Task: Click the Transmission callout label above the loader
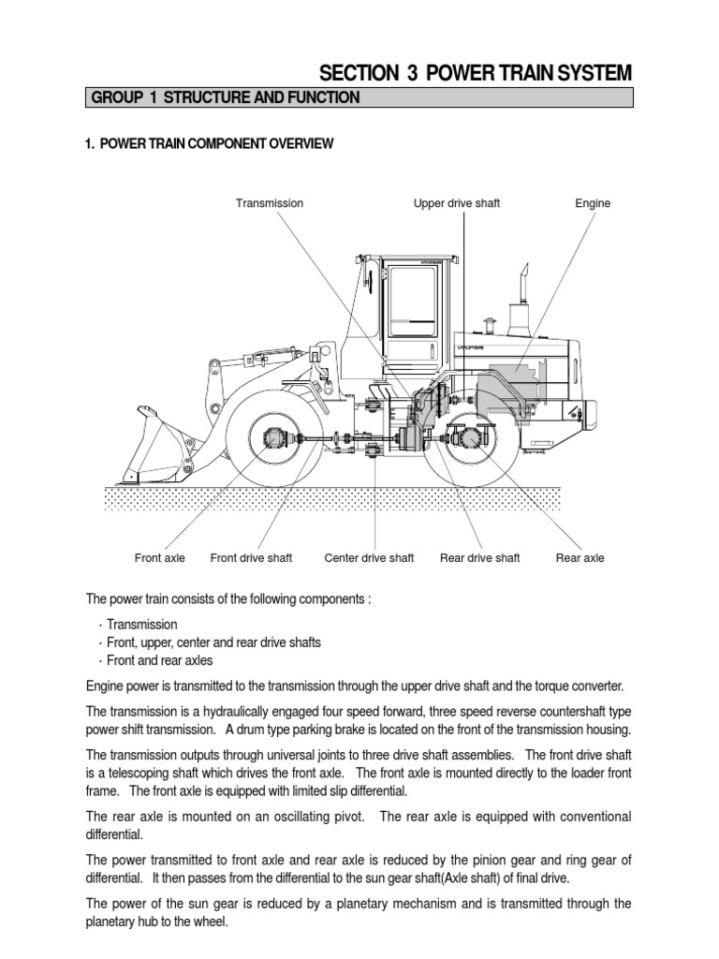tap(269, 203)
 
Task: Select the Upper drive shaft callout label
tap(456, 203)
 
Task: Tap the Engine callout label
tap(593, 203)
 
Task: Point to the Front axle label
tap(160, 558)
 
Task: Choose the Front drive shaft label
tap(251, 558)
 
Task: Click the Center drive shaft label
tap(369, 558)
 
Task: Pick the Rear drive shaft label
tap(479, 558)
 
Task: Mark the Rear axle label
tap(580, 558)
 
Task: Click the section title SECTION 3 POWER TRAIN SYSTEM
tap(476, 73)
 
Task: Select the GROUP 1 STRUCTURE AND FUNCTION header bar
tap(359, 97)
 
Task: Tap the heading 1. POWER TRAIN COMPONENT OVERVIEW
tap(209, 143)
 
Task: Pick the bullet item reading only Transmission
tap(141, 624)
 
